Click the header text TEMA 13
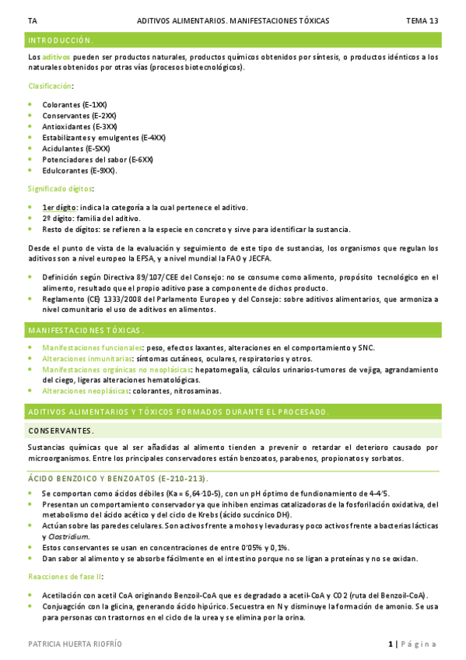pos(422,20)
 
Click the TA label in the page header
pos(31,20)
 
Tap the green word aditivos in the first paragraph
pos(56,58)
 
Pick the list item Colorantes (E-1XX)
pos(75,104)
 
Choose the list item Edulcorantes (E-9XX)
pos(79,170)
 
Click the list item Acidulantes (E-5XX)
pos(76,148)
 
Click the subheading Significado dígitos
pos(61,188)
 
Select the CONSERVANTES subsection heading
pos(61,430)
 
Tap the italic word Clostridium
pos(67,536)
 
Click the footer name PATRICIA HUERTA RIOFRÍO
pos(75,644)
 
